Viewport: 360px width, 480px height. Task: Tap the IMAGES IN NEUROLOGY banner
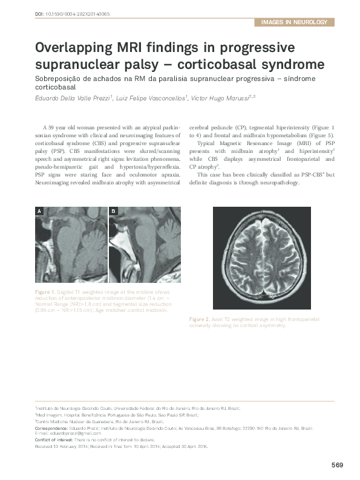click(294, 22)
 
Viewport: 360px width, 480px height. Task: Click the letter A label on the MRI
click(39, 212)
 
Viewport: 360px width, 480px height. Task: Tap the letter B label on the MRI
click(113, 212)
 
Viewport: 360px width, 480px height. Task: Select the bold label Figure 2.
click(198, 319)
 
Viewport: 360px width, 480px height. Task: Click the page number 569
click(337, 465)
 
